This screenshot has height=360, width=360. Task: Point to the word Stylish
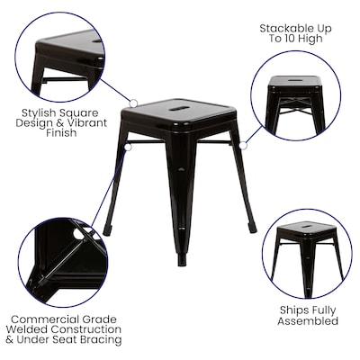(x=41, y=112)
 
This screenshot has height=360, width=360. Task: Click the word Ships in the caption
(x=287, y=310)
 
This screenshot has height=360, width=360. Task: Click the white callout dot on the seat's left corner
(x=133, y=103)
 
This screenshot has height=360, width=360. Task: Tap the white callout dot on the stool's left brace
(x=127, y=145)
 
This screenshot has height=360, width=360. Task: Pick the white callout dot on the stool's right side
(x=242, y=143)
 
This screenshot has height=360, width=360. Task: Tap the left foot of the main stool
(x=107, y=230)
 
